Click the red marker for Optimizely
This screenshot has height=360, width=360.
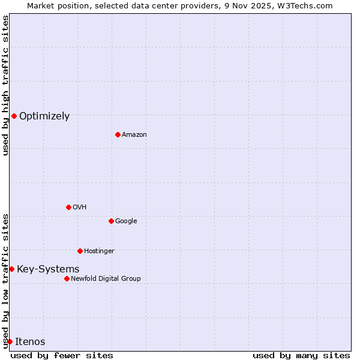point(14,116)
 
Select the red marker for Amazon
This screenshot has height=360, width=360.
point(118,134)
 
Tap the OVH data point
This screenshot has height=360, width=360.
point(68,207)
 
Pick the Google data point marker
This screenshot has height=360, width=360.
point(111,221)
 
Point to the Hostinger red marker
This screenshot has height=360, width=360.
point(80,251)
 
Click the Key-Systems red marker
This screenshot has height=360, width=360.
point(11,269)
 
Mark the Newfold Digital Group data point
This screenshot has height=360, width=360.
point(67,278)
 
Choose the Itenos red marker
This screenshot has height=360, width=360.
point(10,341)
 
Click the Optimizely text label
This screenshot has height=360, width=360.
point(44,116)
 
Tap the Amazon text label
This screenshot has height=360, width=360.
point(134,135)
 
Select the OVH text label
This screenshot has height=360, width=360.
point(80,208)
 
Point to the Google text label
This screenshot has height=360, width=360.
point(126,221)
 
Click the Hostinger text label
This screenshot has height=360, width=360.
point(99,251)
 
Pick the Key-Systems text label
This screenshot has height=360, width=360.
point(48,269)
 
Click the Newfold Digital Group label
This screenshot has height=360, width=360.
point(106,279)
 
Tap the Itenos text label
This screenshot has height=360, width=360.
point(30,342)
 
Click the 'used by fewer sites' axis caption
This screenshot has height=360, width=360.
point(62,355)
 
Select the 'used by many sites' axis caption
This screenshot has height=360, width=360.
point(301,355)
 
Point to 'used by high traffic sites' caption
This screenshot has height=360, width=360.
point(5,85)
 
